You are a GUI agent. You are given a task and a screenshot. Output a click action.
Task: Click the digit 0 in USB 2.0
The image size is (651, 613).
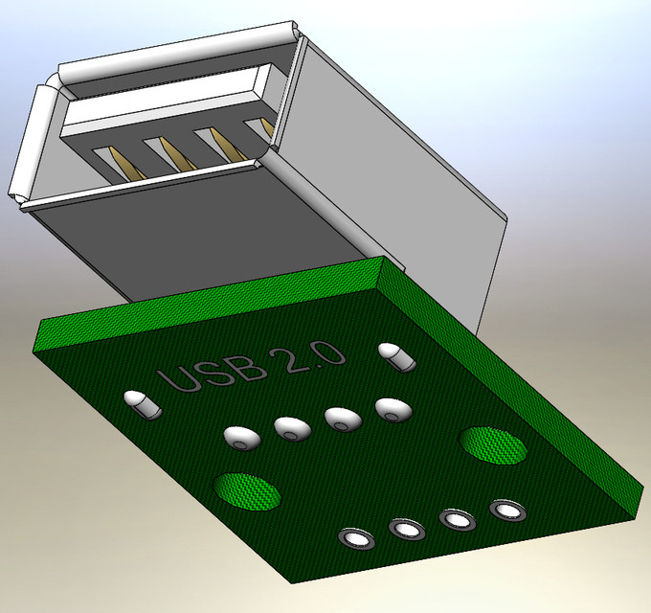point(329,355)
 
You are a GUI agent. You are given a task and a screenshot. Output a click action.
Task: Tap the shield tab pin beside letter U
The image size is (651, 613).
point(142,404)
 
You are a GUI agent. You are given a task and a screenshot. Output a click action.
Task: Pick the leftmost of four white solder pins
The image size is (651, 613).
point(243,438)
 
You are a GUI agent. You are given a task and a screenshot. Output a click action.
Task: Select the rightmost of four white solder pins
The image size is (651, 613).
point(393,409)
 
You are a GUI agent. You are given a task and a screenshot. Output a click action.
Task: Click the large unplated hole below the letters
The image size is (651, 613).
point(247,491)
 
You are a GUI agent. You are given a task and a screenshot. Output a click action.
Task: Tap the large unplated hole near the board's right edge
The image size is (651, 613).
point(494,445)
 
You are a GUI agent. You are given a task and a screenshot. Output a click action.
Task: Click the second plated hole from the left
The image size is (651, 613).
point(406,528)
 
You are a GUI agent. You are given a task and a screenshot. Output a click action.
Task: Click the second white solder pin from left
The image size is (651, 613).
point(292,428)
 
